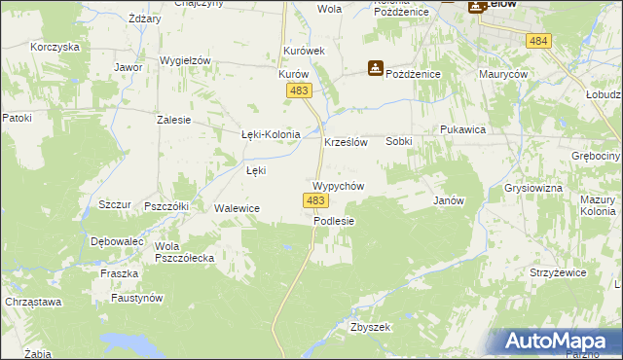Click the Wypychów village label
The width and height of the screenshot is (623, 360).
[338, 185]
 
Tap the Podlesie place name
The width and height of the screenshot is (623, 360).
[334, 221]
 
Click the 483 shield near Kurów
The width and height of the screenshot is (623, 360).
[300, 90]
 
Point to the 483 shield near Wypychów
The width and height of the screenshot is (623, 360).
[313, 200]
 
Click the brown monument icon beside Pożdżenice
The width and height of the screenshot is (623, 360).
[375, 68]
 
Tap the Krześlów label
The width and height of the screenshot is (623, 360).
[345, 141]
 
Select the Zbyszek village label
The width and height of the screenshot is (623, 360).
[370, 327]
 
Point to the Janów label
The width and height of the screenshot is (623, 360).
[447, 200]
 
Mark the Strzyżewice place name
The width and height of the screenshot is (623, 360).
[558, 272]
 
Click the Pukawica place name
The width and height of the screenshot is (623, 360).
[462, 129]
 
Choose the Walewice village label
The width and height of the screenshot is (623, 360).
[237, 208]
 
